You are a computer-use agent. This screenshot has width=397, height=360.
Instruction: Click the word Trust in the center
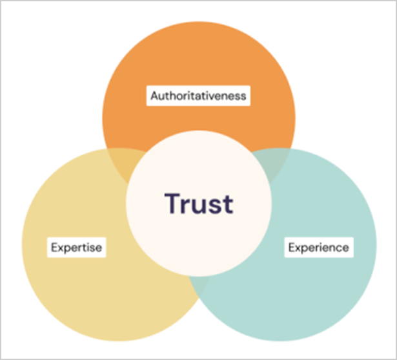(x=198, y=203)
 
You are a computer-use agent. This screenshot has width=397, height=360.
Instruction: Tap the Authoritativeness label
(x=198, y=96)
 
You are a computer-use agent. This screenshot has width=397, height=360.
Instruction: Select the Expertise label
(x=77, y=247)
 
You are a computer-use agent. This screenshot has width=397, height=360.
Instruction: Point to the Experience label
(x=318, y=247)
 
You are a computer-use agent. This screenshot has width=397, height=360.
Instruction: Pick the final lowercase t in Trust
(x=227, y=204)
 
